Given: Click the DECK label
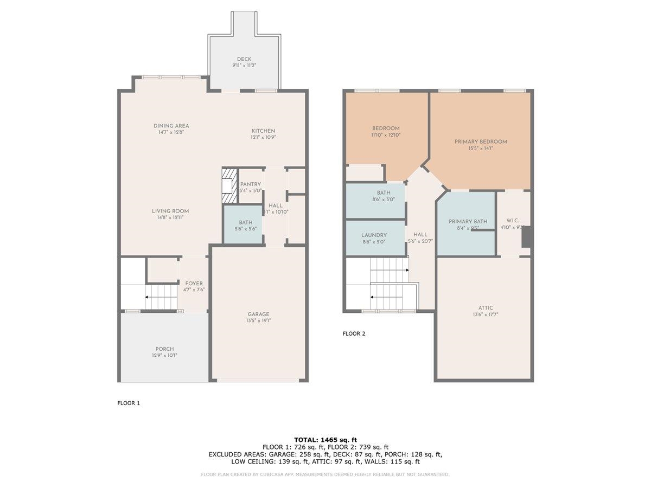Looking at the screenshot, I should pos(244,59).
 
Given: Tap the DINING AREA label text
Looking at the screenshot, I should pos(171,126).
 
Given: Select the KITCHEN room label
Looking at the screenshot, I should pos(263,131).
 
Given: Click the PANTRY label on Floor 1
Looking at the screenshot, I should pos(250,184).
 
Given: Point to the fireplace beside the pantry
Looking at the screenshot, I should pos(229,182).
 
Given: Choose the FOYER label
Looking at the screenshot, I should pos(194,284).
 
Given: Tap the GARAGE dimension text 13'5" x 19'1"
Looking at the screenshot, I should pos(258,320).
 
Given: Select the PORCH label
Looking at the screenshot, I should pos(164,349).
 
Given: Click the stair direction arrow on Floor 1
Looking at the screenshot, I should pos(147,297).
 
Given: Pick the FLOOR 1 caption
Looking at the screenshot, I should pos(129,403).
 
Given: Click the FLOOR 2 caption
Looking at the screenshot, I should pos(354,333).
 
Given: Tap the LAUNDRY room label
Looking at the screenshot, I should pos(374,235).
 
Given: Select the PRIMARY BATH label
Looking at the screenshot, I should pos(468,221).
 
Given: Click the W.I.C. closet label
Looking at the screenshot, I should pos(513,221).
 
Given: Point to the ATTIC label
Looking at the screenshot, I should pos(486,308).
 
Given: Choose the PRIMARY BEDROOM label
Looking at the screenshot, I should pos(481,142).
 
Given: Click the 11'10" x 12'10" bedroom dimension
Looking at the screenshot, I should pos(386,135).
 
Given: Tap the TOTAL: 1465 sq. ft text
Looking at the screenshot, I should pos(325,440).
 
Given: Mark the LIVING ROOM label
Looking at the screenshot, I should pos(170,211).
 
